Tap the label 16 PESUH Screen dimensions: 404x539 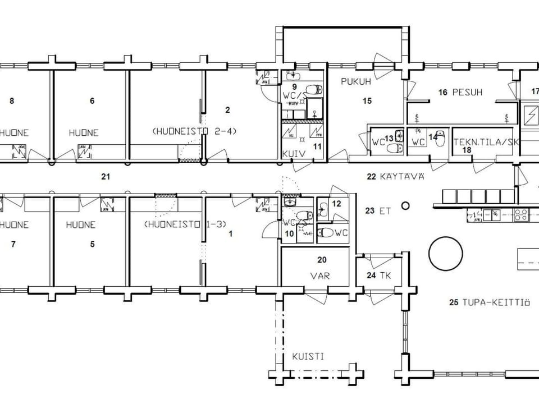point(460,92)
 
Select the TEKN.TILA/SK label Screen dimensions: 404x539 point(485,142)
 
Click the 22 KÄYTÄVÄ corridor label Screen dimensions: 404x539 point(395,177)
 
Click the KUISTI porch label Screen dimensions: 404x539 point(308,356)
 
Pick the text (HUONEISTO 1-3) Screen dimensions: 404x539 point(185,224)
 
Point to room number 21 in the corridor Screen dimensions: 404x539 point(105,177)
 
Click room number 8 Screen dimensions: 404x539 point(12,102)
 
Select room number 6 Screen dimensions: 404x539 point(92,102)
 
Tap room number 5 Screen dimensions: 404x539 point(92,245)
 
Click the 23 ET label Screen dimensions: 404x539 point(377,212)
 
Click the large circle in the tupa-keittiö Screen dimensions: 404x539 point(445,253)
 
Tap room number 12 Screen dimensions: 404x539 point(336,204)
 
